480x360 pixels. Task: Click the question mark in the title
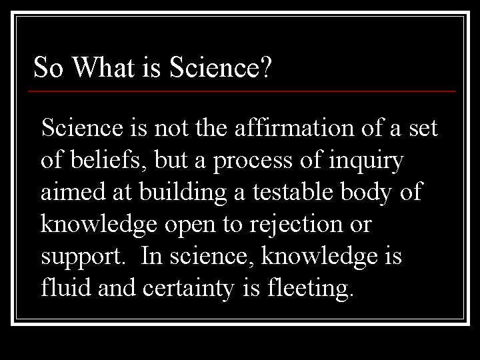coord(265,67)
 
